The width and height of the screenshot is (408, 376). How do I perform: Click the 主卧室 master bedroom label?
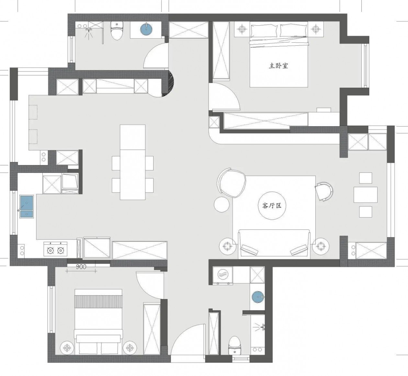[278, 66]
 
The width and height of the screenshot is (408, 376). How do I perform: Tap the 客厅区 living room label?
[272, 205]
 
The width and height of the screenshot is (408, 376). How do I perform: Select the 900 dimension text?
[81, 267]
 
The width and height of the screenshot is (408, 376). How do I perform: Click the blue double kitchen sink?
[27, 206]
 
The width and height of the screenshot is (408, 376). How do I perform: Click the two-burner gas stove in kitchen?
[55, 249]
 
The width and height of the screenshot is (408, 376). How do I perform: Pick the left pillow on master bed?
[264, 31]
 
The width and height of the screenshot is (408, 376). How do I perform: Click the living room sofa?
[274, 243]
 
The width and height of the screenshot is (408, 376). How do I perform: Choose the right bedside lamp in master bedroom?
[315, 29]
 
